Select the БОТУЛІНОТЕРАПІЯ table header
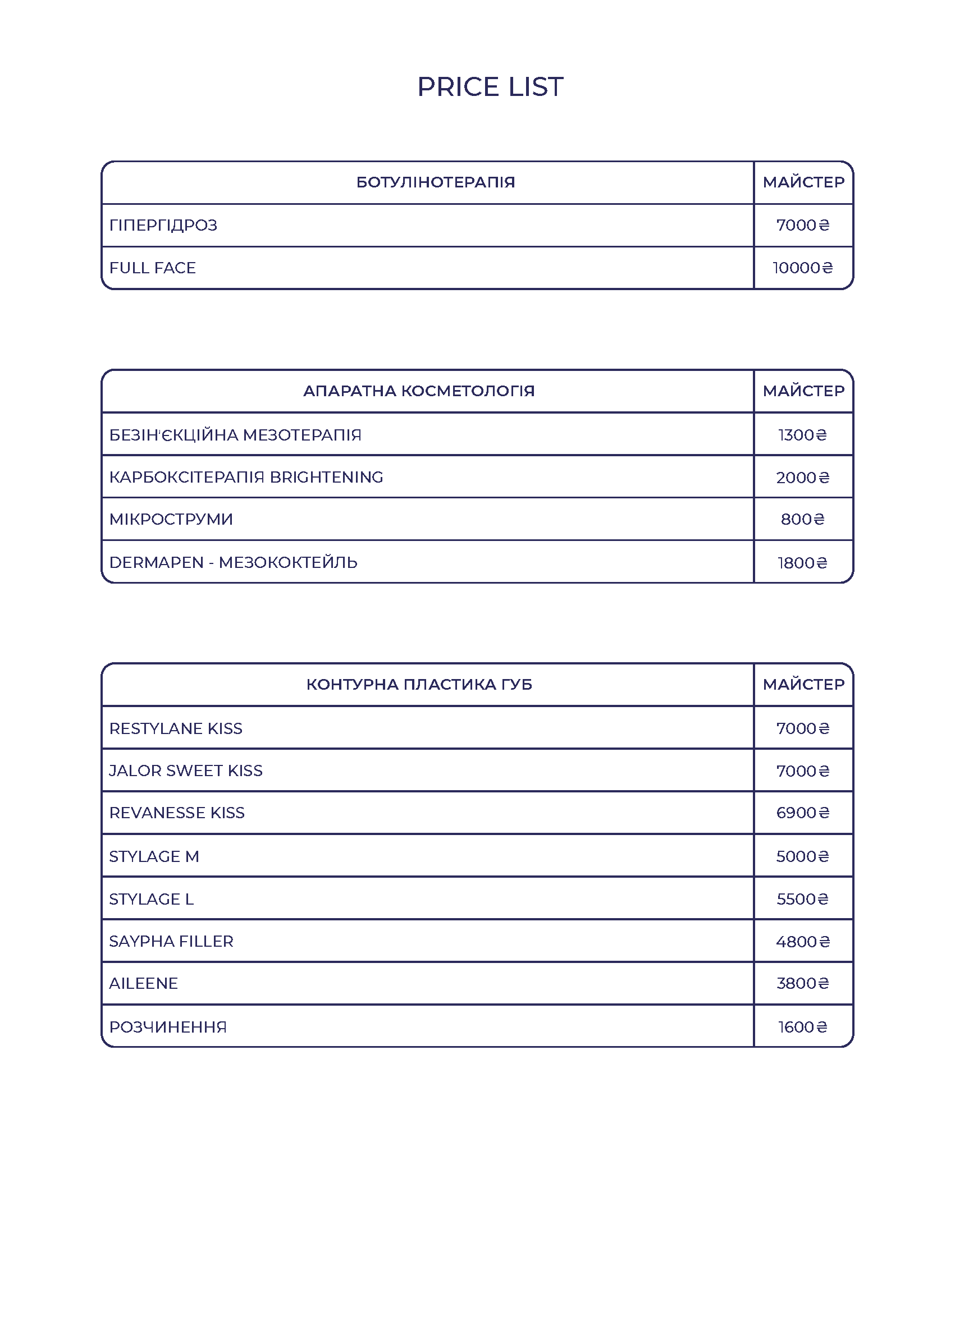point(435,182)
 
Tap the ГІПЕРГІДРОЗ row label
point(163,225)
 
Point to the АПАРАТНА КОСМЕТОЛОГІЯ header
point(419,391)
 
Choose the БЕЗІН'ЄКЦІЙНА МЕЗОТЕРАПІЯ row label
point(235,435)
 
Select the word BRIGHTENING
point(326,477)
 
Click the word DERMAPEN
point(157,562)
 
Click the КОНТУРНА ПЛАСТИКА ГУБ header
point(419,684)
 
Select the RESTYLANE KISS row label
point(176,729)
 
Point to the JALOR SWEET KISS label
point(186,771)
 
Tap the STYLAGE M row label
point(154,856)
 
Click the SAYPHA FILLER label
point(171,942)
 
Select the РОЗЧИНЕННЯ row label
point(168,1027)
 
